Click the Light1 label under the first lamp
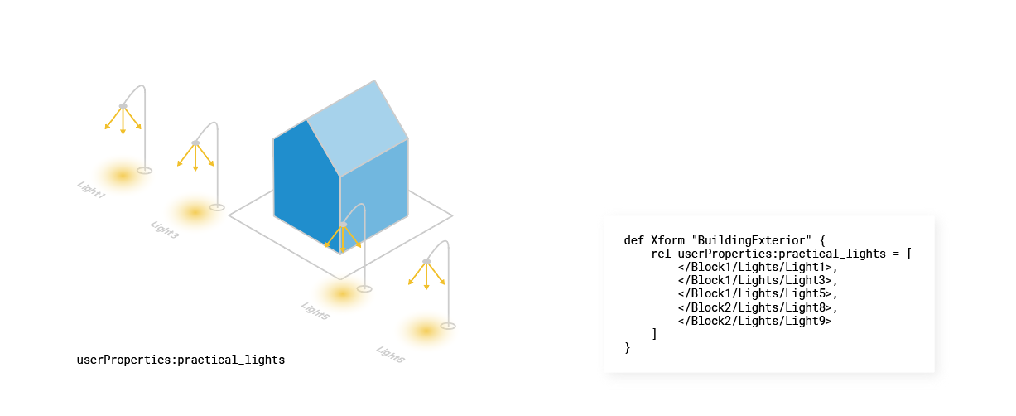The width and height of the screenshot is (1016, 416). coord(91,190)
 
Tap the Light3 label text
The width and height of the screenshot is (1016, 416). coord(164,230)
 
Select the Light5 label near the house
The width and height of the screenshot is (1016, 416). coord(315,311)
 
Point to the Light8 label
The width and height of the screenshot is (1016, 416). coord(390,355)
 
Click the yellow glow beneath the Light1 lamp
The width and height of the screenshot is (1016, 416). coord(123,176)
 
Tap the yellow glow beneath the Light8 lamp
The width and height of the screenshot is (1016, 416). coord(426,331)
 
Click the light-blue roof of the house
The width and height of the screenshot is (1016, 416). coord(358,128)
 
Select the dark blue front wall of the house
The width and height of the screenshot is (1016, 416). coord(306,186)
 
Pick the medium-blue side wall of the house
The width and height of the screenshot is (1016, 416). coord(374,196)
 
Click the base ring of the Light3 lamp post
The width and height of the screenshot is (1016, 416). coord(217,207)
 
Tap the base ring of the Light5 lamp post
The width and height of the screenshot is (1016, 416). coord(364,289)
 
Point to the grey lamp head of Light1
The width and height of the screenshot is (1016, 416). coord(123,106)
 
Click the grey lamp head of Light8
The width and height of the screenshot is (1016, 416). coord(426,262)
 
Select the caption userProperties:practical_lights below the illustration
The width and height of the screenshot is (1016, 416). coord(181,360)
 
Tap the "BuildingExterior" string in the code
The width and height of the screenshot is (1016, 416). coord(751,240)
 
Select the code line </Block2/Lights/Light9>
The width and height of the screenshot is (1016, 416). coord(754,321)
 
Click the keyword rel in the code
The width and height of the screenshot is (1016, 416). coord(661,254)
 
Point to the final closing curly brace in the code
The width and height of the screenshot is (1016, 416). coord(628,348)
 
